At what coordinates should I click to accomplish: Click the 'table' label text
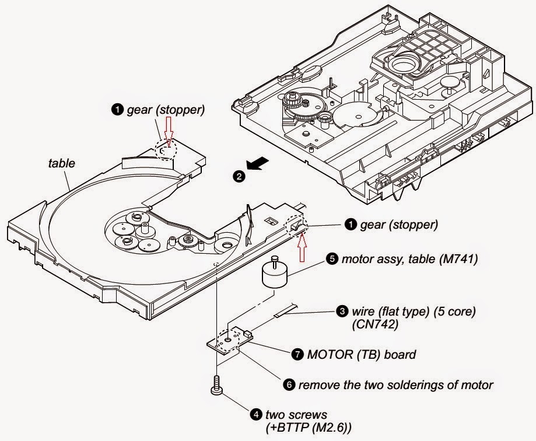point(61,164)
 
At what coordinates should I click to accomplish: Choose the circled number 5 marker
point(331,260)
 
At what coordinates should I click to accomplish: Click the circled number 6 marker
point(289,385)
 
